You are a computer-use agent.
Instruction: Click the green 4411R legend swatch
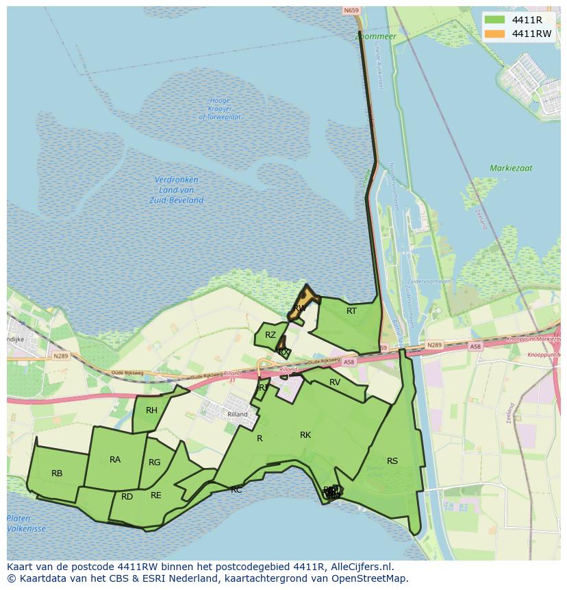pyautogui.click(x=493, y=20)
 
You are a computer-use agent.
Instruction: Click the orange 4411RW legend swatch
pyautogui.click(x=493, y=34)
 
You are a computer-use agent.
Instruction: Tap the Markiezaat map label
pyautogui.click(x=511, y=168)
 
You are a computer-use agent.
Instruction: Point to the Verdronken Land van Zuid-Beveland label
pyautogui.click(x=176, y=190)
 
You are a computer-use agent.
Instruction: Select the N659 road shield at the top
pyautogui.click(x=351, y=10)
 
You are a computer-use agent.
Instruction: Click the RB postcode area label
pyautogui.click(x=57, y=474)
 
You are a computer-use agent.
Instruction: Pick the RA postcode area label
pyautogui.click(x=115, y=460)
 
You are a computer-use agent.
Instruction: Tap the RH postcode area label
pyautogui.click(x=151, y=410)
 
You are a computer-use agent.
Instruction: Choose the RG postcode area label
pyautogui.click(x=155, y=463)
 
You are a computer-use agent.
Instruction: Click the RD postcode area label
pyautogui.click(x=127, y=497)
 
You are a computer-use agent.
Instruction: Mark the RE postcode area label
pyautogui.click(x=156, y=495)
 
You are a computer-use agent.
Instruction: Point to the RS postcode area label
pyautogui.click(x=392, y=461)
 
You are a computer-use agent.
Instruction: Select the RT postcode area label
pyautogui.click(x=351, y=311)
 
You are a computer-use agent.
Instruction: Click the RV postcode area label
pyautogui.click(x=335, y=382)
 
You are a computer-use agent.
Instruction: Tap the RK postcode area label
pyautogui.click(x=305, y=435)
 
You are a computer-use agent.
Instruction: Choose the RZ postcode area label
pyautogui.click(x=270, y=335)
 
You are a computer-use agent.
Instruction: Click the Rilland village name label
pyautogui.click(x=238, y=415)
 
